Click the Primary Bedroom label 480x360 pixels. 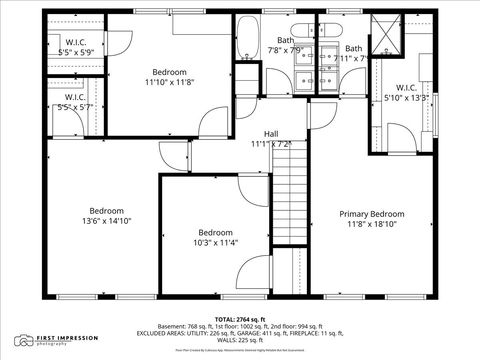[371, 214]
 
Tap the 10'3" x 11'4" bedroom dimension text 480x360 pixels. [214, 242]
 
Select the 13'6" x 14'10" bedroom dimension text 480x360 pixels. [106, 221]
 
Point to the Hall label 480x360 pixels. [271, 133]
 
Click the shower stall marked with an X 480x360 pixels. [382, 33]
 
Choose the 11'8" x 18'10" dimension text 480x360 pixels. [371, 225]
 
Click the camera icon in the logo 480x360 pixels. [23, 341]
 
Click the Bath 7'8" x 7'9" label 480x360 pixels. [287, 43]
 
